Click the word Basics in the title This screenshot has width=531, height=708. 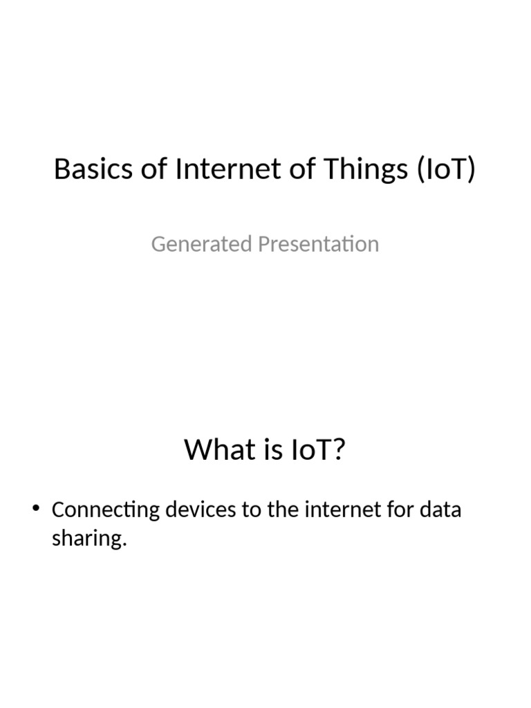pos(93,169)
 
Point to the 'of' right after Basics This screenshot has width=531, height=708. pos(154,169)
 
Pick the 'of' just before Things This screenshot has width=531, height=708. pos(303,169)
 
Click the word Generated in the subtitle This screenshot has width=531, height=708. pos(201,244)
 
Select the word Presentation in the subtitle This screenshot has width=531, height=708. pos(318,245)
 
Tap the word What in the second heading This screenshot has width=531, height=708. pos(219,449)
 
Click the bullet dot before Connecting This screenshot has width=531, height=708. pos(36,508)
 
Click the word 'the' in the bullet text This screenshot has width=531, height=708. pos(282,510)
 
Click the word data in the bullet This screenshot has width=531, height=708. pos(440,510)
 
